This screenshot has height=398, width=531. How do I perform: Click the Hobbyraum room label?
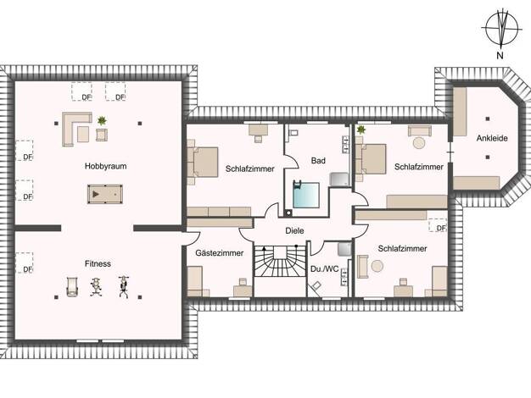[x=106, y=166]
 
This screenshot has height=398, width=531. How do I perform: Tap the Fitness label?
[x=98, y=263]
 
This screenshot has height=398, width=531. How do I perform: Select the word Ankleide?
[x=492, y=138]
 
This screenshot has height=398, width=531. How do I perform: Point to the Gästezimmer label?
[x=220, y=253]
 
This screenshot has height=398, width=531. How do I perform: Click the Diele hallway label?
[x=294, y=230]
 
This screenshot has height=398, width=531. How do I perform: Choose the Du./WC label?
[x=324, y=269]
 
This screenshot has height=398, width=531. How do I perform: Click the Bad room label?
[x=318, y=161]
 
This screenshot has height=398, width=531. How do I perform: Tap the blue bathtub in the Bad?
[x=306, y=195]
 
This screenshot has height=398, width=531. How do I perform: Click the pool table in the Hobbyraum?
[x=105, y=194]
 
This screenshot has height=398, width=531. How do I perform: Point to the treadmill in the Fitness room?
[x=72, y=287]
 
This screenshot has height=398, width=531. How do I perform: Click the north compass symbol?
[x=501, y=29]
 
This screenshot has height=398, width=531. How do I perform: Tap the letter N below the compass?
[x=500, y=55]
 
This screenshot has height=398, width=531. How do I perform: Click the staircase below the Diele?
[x=280, y=261]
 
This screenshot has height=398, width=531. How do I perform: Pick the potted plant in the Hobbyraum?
[x=102, y=120]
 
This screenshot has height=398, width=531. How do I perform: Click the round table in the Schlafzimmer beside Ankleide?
[x=419, y=142]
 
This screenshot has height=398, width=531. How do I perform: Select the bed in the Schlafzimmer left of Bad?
[x=203, y=162]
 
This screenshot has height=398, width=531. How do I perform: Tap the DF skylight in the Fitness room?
[x=25, y=263]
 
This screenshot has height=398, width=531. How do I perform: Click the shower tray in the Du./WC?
[x=344, y=248]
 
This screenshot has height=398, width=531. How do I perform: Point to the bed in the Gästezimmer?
[x=195, y=281]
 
